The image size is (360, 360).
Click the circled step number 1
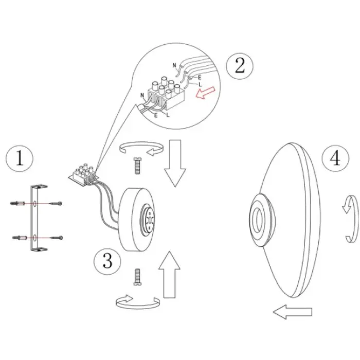tap(20, 158)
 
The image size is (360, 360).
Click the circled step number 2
tap(240, 66)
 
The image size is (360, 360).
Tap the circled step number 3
tap(107, 261)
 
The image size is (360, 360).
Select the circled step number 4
tap(335, 158)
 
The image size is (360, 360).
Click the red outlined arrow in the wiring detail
tap(206, 93)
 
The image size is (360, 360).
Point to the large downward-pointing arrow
tap(175, 163)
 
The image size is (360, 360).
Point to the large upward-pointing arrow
tap(169, 275)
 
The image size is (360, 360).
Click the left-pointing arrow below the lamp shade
tap(293, 312)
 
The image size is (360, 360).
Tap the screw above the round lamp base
tap(137, 166)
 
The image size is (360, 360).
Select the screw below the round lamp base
tap(137, 277)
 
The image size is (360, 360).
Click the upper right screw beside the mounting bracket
tap(56, 204)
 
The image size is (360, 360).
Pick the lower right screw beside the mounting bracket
tap(57, 238)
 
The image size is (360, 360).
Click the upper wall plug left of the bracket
tap(17, 203)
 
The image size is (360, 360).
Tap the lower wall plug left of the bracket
tap(20, 238)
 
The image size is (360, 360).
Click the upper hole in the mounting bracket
tap(34, 204)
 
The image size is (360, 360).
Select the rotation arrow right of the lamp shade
tap(350, 219)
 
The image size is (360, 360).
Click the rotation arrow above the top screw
tap(141, 148)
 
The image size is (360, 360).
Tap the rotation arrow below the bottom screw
tap(138, 302)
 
